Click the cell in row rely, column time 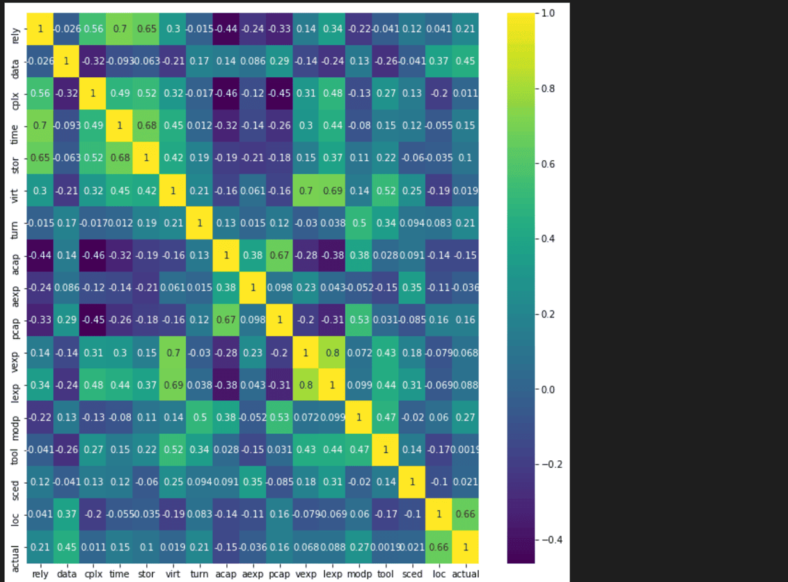119,29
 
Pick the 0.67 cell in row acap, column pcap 279,255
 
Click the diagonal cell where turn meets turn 199,223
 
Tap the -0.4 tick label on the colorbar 550,539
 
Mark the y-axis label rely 16,29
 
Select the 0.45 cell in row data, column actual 466,61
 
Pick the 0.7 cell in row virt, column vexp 306,191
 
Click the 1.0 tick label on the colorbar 547,13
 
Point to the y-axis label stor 16,158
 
